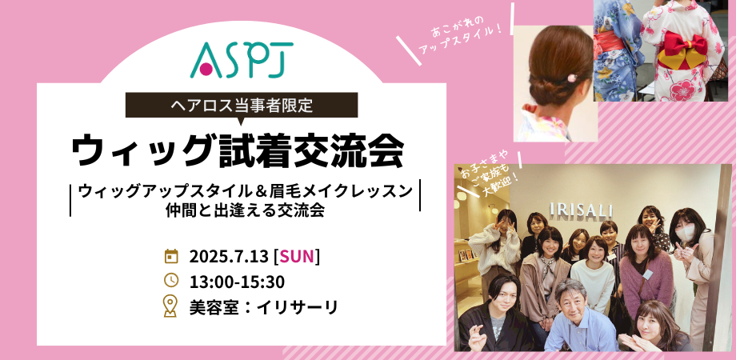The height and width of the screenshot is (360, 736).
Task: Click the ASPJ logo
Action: click(242, 59)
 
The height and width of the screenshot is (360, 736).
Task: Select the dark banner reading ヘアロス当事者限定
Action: click(242, 105)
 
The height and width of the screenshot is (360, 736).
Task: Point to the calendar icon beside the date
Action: click(171, 256)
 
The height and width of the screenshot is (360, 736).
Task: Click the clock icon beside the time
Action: click(171, 280)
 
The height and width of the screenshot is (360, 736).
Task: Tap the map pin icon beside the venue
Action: click(170, 306)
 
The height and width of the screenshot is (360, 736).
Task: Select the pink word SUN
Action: click(296, 257)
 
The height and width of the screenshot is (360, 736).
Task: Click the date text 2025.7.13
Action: click(229, 257)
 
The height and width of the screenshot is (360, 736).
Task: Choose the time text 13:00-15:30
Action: click(237, 281)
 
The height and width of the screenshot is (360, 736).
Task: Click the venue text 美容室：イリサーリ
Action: click(263, 307)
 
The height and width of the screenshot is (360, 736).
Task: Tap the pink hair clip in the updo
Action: click(572, 78)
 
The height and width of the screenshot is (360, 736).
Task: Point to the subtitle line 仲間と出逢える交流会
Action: click(245, 210)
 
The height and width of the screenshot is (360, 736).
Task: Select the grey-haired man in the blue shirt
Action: click(578, 319)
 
